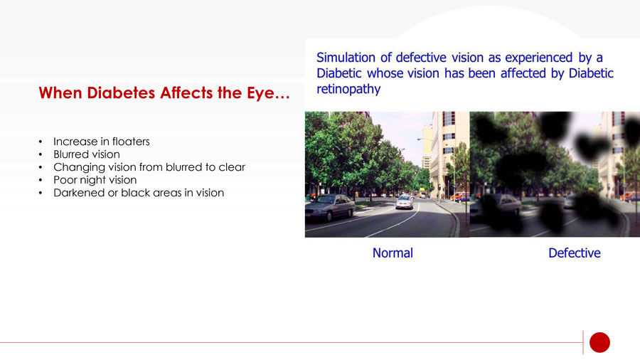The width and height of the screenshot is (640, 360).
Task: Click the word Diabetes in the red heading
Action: [121, 93]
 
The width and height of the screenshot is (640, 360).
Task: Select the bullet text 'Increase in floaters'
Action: [102, 142]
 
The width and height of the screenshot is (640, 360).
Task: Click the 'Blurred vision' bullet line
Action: [87, 154]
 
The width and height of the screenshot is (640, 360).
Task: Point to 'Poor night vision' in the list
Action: [95, 180]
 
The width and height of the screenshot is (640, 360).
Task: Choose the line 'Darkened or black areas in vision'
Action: [139, 193]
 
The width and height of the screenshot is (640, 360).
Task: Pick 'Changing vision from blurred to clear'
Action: [149, 167]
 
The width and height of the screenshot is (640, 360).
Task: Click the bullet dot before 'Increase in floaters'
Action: [41, 142]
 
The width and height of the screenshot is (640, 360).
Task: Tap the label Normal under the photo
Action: [393, 253]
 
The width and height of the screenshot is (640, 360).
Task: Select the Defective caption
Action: [575, 253]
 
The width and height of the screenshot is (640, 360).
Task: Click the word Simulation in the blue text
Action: [346, 58]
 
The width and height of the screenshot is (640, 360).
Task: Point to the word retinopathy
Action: [348, 89]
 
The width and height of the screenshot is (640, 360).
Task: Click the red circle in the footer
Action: [599, 342]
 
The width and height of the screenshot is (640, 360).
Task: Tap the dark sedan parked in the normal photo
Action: [330, 207]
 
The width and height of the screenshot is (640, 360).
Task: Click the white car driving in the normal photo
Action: [405, 201]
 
